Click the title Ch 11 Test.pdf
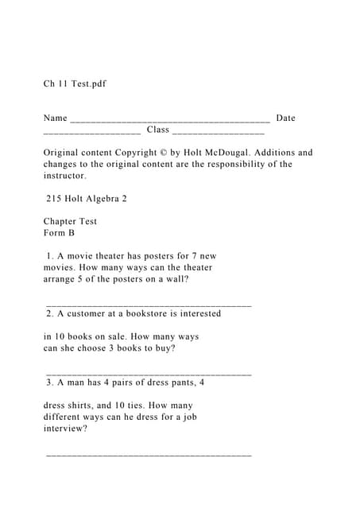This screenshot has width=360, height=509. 75,84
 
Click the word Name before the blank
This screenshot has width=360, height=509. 55,119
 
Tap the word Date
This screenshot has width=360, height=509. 285,119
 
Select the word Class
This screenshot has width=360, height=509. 157,130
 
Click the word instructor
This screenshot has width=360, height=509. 64,176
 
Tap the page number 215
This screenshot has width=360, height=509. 55,199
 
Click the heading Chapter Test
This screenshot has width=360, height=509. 70,222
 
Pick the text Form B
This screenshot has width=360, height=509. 59,233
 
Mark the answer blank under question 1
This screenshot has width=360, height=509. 149,304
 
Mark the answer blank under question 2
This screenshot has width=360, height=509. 149,372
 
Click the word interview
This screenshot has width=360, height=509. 64,428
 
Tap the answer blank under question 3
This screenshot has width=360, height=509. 149,454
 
